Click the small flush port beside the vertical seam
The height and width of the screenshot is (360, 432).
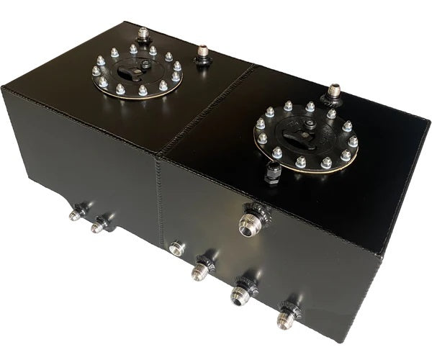176,248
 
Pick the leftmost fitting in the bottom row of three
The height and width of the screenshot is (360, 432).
201,271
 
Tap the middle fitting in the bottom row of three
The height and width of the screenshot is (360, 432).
240,292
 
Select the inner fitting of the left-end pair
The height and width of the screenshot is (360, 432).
99,226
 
